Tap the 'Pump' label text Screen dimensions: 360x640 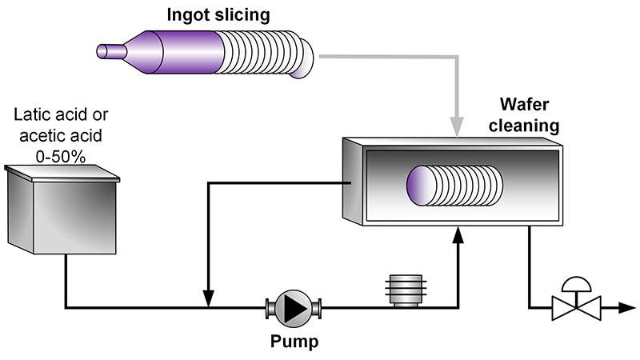pyautogui.click(x=293, y=342)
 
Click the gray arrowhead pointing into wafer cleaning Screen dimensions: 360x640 pyautogui.click(x=457, y=127)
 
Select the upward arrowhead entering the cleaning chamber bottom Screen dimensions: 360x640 pyautogui.click(x=458, y=234)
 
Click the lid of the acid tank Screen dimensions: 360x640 pyautogui.click(x=62, y=172)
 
